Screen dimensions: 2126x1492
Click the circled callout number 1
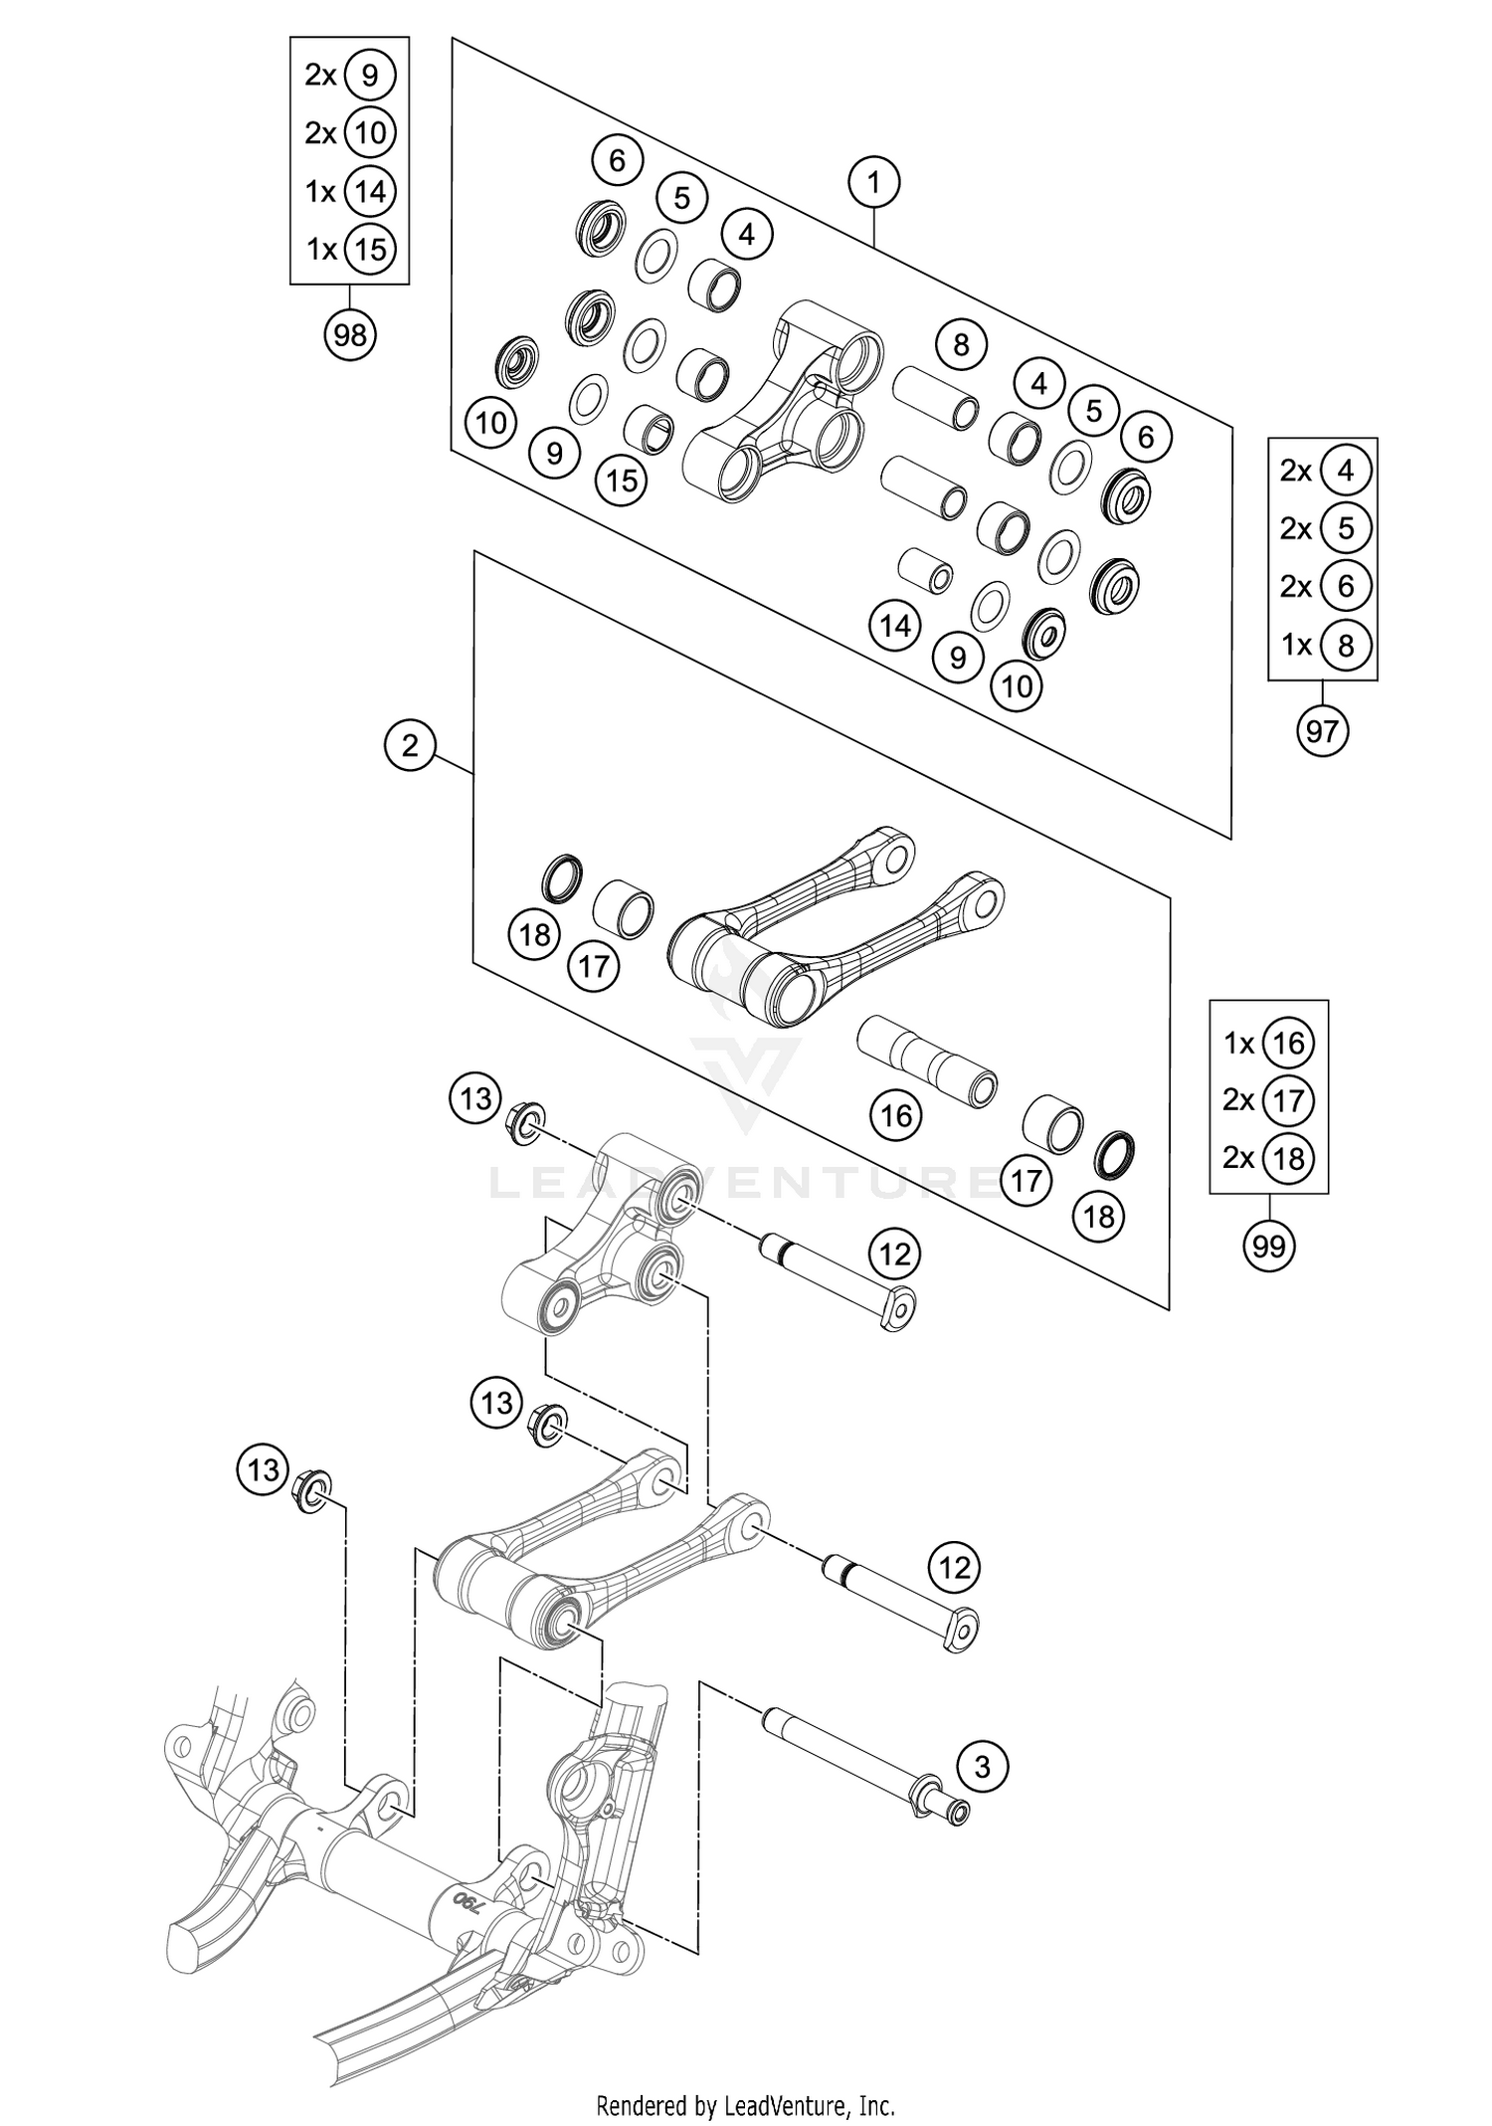click(873, 182)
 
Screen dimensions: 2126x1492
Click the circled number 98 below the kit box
click(350, 335)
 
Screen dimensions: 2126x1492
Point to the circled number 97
click(1322, 731)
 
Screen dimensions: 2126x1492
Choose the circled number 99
click(1269, 1246)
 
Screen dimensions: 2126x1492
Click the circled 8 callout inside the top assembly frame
click(960, 344)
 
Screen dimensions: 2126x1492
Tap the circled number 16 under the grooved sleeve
click(896, 1115)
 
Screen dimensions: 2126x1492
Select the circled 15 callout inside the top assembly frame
click(622, 481)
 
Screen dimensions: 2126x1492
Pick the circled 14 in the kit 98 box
click(370, 191)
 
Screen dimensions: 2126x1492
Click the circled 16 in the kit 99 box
click(1288, 1044)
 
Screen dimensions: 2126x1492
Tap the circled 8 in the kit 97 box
click(1346, 646)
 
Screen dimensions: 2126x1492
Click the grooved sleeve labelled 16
click(926, 1062)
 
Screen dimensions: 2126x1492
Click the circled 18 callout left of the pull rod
click(534, 934)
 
